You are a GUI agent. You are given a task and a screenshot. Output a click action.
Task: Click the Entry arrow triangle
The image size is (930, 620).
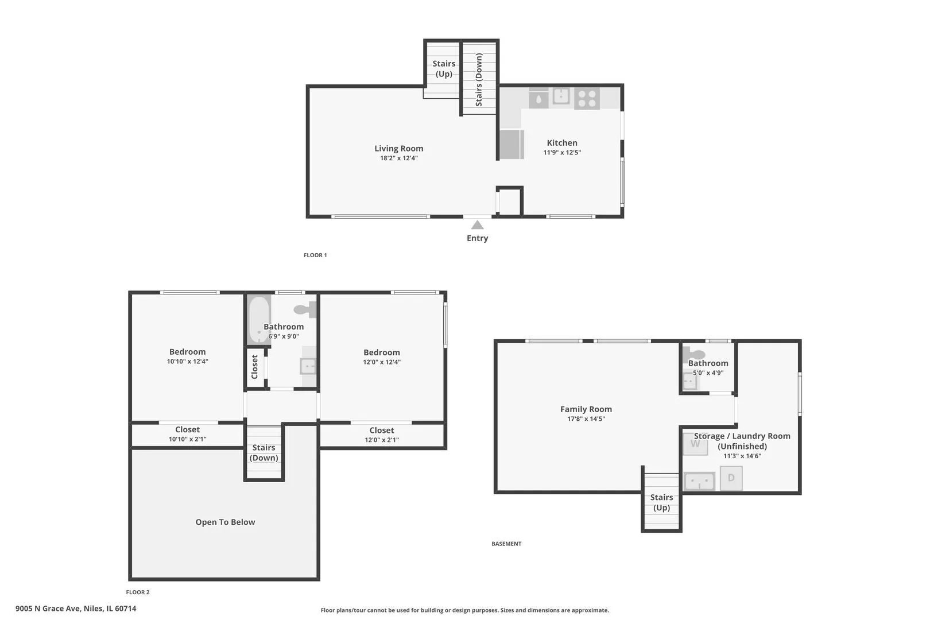477,224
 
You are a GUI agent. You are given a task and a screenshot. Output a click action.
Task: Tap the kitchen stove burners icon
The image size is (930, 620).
587,99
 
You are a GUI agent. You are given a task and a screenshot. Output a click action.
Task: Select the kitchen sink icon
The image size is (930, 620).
561,96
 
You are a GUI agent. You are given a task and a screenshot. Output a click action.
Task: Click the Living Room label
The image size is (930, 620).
398,148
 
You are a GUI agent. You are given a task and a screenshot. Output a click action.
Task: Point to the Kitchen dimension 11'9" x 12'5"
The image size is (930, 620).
562,152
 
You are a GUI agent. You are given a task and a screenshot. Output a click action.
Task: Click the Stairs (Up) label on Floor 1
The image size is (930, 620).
444,68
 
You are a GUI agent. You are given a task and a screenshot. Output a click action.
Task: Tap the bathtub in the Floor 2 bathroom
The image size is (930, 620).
259,320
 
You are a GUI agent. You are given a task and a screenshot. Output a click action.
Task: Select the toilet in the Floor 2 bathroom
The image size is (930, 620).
305,309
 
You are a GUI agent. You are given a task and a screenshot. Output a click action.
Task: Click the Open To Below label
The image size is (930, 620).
225,522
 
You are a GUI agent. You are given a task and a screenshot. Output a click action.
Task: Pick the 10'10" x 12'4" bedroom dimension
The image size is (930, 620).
187,361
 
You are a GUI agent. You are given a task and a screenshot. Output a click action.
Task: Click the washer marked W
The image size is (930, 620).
695,444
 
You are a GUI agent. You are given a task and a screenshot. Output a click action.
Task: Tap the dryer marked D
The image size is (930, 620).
731,478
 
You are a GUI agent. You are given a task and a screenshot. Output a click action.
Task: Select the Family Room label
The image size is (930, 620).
586,409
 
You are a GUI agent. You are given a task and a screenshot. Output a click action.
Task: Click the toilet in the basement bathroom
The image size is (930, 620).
693,354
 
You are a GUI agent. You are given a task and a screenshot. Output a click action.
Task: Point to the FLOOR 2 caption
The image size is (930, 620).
138,592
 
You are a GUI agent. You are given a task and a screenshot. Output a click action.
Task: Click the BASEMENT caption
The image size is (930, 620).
506,544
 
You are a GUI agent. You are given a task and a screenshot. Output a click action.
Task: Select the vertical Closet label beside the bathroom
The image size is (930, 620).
254,367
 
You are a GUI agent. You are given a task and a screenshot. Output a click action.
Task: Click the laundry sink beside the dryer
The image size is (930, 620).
699,481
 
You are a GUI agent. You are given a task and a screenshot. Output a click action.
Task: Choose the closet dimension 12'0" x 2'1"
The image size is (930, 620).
382,440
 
